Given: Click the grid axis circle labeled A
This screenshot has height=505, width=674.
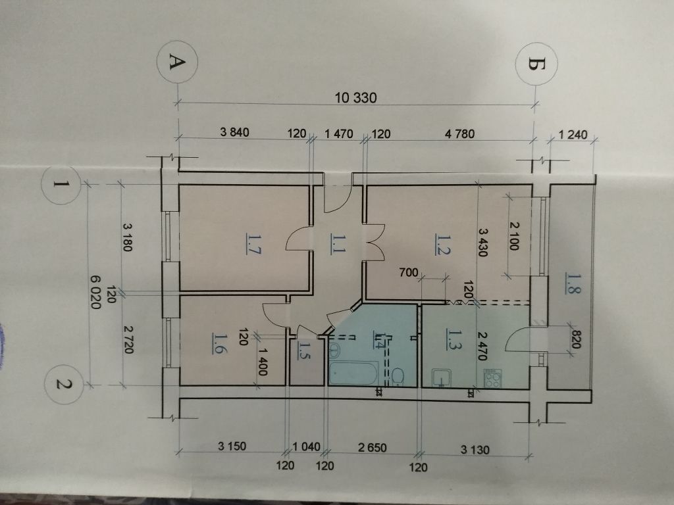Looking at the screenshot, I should click(175, 62).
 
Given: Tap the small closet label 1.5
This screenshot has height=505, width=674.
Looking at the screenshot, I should click(305, 346).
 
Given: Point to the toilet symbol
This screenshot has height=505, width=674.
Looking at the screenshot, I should click(399, 375).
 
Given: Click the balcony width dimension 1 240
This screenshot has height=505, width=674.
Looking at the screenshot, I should click(571, 136).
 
